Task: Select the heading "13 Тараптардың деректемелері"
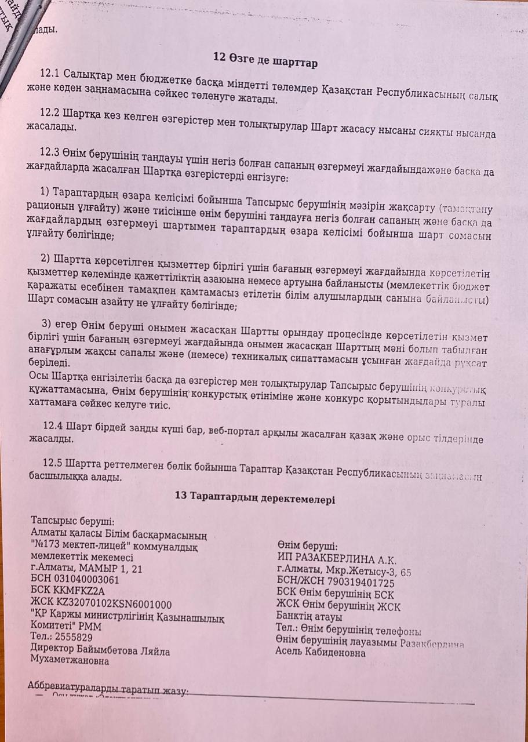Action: (x=254, y=497)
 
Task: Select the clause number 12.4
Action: (x=54, y=425)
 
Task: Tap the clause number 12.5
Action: (x=54, y=464)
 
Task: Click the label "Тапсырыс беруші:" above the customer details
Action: (x=72, y=520)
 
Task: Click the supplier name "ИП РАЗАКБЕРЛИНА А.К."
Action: (x=337, y=559)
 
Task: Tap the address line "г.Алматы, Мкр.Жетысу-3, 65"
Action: (x=344, y=571)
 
